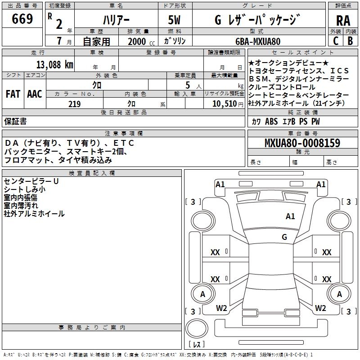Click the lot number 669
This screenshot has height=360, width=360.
22,19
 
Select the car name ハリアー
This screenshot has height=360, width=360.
116,20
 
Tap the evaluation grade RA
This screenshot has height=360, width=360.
343,21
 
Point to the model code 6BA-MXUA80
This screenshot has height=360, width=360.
258,41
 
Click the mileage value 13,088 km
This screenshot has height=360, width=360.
52,64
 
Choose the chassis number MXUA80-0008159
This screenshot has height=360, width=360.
302,143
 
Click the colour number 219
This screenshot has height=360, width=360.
74,104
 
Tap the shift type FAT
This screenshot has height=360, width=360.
13,94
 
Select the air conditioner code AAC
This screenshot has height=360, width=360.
35,94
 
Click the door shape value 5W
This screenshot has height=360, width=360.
174,20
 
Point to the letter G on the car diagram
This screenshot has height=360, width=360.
284,237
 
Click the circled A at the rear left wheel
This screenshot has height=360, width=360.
202,294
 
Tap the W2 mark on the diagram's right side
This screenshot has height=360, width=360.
320,308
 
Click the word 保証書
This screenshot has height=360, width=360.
15,121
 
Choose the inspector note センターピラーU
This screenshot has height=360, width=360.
31,181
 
